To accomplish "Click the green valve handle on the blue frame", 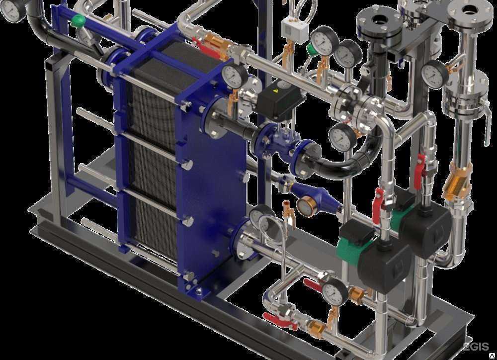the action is click(78, 20).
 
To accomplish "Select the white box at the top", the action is click(295, 30).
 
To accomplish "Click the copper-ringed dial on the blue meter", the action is click(307, 206).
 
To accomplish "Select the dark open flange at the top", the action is click(379, 22).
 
